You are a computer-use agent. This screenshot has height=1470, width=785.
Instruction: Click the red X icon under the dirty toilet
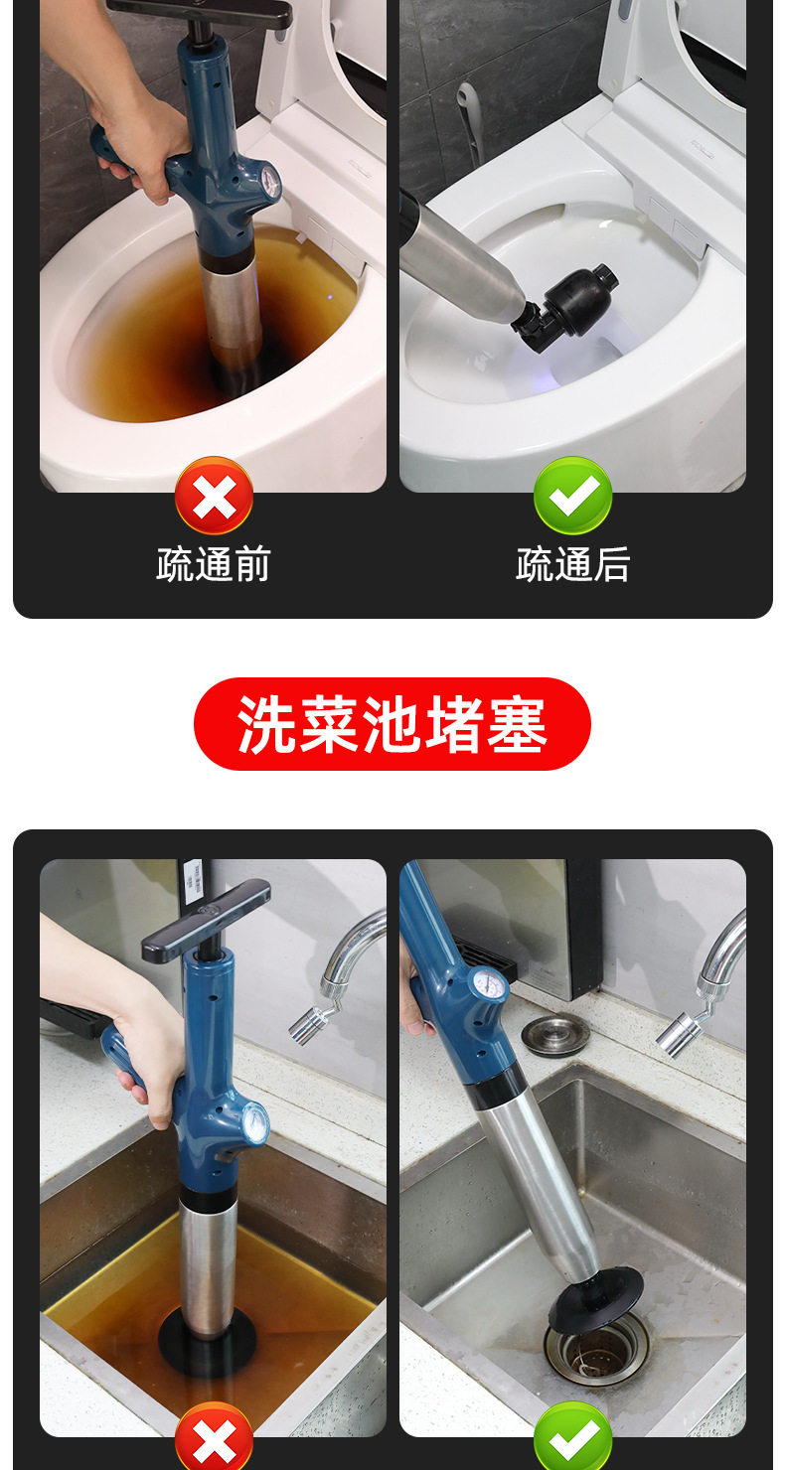point(214,496)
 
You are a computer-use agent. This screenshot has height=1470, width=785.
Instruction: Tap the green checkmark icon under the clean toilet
point(572,496)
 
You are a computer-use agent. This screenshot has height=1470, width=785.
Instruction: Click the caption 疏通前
point(214,564)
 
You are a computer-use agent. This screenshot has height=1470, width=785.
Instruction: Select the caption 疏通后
point(572,564)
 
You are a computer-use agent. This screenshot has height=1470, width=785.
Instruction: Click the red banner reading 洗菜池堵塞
point(392,724)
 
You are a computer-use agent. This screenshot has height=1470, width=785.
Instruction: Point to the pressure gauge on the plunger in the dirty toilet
point(269,181)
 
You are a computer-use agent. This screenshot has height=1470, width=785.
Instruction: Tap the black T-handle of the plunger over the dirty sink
point(206,920)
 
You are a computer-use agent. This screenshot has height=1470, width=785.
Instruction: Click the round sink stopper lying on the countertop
point(555,1036)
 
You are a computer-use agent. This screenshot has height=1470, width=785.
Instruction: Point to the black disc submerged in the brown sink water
point(207,1338)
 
